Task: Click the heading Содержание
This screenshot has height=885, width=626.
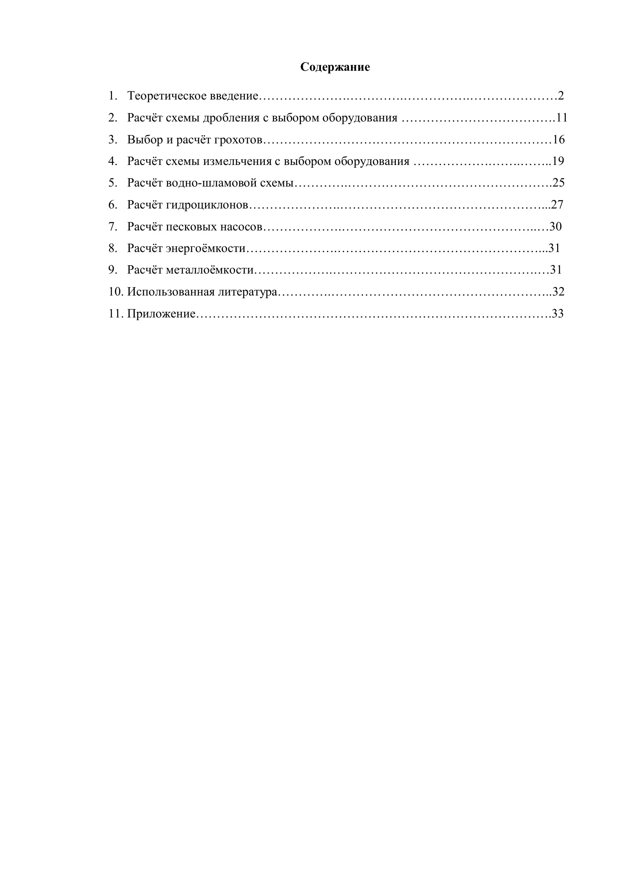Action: click(x=335, y=67)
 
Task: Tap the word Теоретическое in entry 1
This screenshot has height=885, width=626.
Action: click(x=167, y=96)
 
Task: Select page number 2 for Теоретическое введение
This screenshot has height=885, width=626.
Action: click(x=561, y=96)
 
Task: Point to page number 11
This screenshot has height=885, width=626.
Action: click(x=562, y=118)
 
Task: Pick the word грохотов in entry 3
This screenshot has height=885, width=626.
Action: click(x=238, y=140)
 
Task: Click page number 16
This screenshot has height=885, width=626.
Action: click(x=559, y=140)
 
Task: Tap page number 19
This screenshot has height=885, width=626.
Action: click(x=558, y=161)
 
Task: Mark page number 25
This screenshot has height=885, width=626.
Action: click(x=559, y=183)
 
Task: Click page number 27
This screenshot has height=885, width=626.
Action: click(x=557, y=205)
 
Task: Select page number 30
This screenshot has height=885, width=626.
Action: click(x=556, y=227)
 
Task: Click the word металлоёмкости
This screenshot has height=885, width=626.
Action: click(x=210, y=270)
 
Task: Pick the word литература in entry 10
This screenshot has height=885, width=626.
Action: click(x=248, y=292)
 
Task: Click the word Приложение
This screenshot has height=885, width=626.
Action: click(x=161, y=314)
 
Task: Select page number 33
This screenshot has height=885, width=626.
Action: click(x=557, y=314)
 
